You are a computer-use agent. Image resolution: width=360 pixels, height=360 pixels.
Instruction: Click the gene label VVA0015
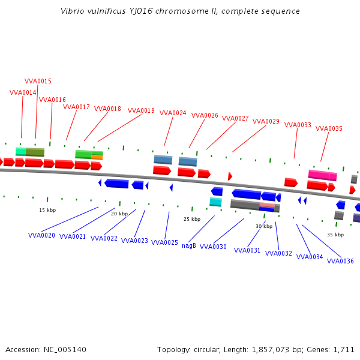click(38, 81)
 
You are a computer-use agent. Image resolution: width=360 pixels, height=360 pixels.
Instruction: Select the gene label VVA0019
click(141, 110)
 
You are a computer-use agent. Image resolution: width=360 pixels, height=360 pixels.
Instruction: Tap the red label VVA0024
click(173, 113)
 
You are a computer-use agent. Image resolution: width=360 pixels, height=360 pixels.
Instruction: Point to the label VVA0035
click(329, 128)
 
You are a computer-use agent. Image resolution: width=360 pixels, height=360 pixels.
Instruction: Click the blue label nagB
click(189, 245)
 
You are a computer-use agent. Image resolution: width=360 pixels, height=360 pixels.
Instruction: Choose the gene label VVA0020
click(41, 235)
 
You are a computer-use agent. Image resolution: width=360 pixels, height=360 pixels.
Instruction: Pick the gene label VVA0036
click(340, 261)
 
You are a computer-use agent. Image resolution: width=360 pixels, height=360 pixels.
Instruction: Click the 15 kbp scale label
click(47, 210)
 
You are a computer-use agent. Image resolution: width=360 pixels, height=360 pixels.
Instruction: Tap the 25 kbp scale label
click(192, 219)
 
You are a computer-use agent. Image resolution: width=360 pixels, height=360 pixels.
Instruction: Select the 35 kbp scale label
click(335, 235)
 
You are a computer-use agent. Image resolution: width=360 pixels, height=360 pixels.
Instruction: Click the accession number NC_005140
click(65, 350)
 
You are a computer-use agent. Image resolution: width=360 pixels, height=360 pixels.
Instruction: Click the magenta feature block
click(323, 175)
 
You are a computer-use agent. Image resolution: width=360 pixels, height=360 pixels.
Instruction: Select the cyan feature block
click(215, 202)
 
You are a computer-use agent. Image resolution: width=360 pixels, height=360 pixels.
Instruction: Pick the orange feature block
click(97, 157)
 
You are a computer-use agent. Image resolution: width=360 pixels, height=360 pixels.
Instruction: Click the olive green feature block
click(35, 152)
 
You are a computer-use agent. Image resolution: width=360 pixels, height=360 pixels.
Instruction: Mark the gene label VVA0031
click(247, 250)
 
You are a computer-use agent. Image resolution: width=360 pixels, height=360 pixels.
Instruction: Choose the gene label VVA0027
click(235, 118)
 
